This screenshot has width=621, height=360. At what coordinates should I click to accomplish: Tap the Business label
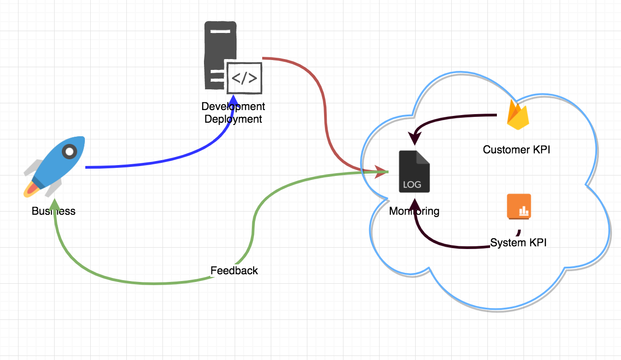coord(53,211)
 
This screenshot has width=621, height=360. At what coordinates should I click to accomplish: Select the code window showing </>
coord(244,78)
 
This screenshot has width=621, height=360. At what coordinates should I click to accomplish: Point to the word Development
coord(233,106)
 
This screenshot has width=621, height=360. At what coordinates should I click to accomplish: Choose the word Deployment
coord(233,119)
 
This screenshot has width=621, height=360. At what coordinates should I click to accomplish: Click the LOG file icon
coord(414,171)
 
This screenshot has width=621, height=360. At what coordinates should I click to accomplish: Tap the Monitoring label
coord(414,211)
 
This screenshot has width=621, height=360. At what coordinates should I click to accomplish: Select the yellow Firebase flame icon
coord(518,115)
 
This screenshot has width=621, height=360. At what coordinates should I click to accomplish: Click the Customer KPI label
coord(516,150)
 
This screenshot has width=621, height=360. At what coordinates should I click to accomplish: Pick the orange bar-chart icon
coord(519,207)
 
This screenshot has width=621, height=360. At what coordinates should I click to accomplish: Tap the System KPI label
coord(518,243)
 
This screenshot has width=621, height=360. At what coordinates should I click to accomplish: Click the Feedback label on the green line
coord(234,271)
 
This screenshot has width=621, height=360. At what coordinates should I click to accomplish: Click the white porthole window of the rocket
coord(69,152)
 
